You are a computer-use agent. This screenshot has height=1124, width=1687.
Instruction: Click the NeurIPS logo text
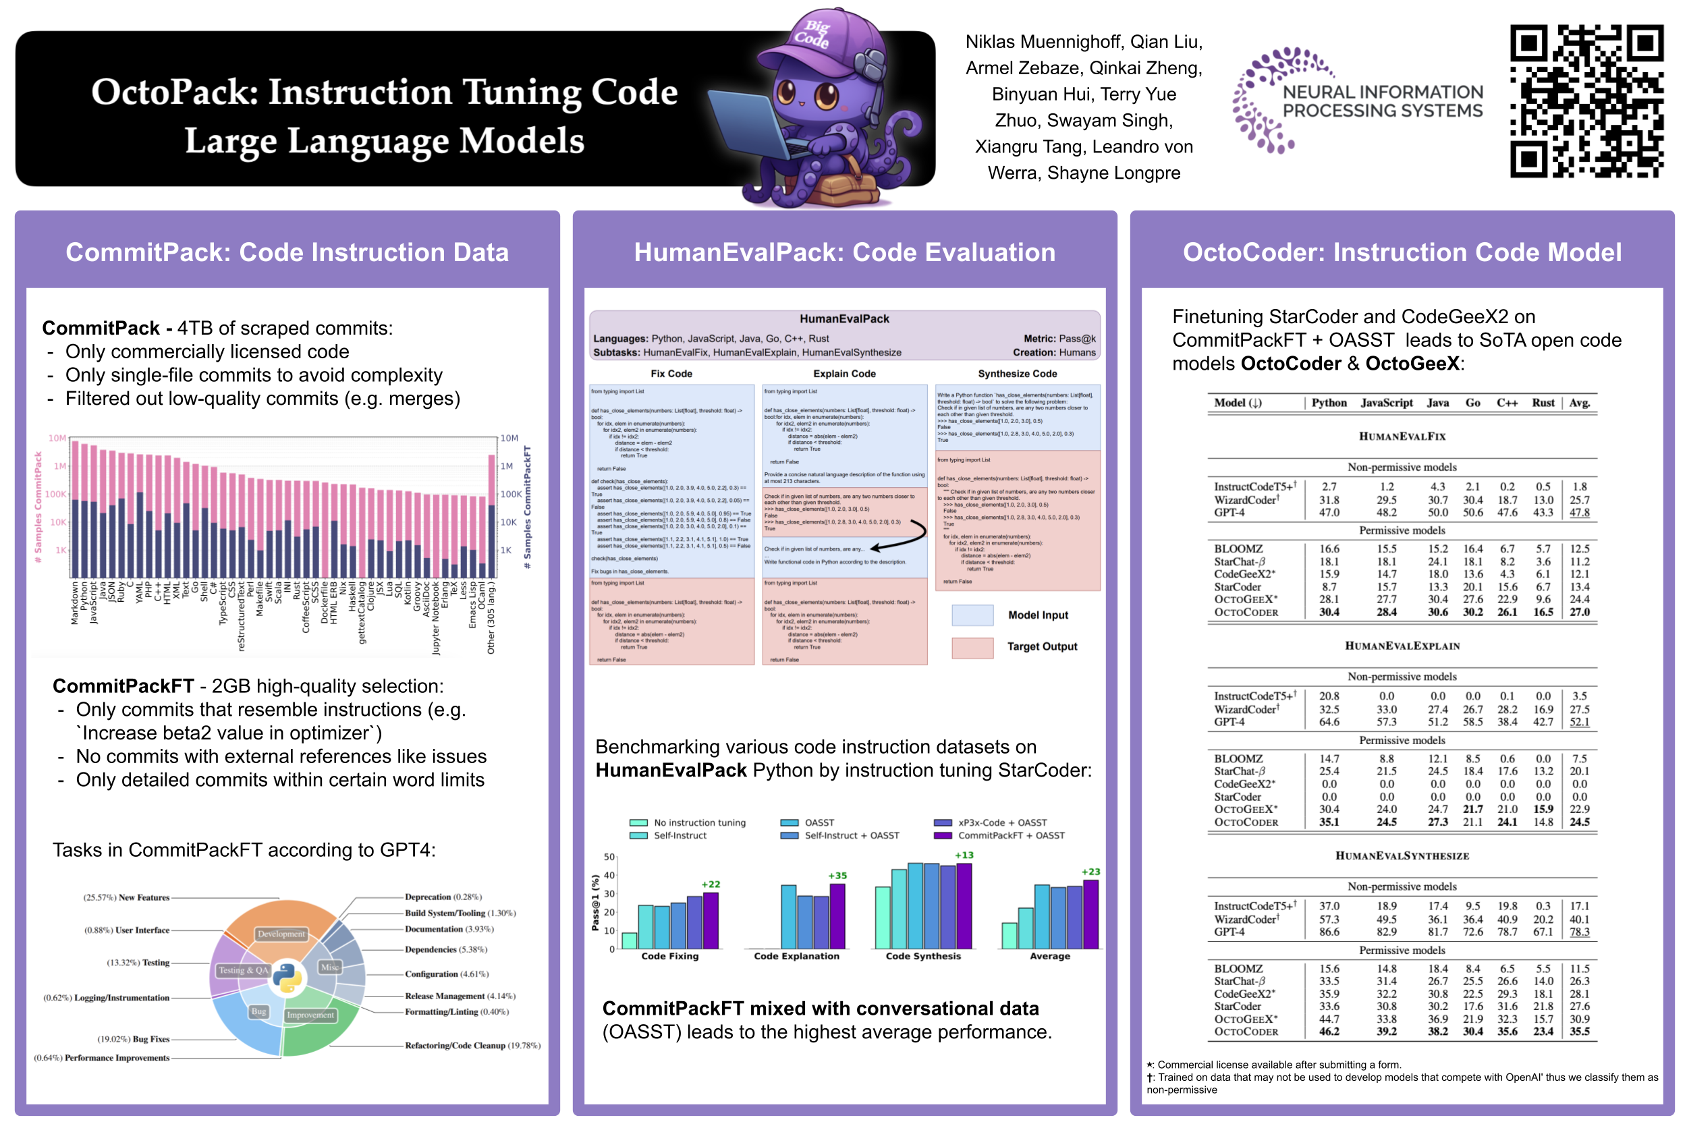pyautogui.click(x=1381, y=101)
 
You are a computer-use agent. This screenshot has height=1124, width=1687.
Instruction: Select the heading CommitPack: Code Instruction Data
pyautogui.click(x=287, y=252)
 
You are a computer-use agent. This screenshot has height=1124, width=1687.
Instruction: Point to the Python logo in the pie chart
pyautogui.click(x=287, y=977)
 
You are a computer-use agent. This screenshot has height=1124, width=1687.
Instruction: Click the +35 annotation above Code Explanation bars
pyautogui.click(x=837, y=875)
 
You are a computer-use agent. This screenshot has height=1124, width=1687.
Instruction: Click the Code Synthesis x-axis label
pyautogui.click(x=922, y=956)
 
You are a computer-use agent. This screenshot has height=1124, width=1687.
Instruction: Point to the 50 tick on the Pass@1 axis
pyautogui.click(x=609, y=857)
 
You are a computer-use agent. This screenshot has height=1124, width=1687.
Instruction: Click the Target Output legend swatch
pyautogui.click(x=972, y=646)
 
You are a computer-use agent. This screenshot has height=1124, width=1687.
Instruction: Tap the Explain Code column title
pyautogui.click(x=844, y=374)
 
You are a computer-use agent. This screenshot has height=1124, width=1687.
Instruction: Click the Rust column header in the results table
pyautogui.click(x=1542, y=403)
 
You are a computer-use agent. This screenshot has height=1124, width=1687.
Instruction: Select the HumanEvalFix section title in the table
pyautogui.click(x=1402, y=436)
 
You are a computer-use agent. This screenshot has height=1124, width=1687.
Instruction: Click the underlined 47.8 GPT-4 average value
pyautogui.click(x=1579, y=513)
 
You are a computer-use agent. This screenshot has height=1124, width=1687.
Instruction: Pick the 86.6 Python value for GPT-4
pyautogui.click(x=1329, y=932)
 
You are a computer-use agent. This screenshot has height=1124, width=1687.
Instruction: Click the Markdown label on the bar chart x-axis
pyautogui.click(x=74, y=603)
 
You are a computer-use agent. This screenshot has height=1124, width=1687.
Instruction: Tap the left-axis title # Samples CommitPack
pyautogui.click(x=38, y=507)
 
